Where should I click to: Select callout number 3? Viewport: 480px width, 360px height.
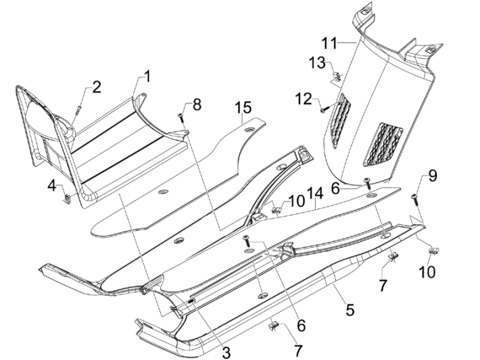coord(226,351)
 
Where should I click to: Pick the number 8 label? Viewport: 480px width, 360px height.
coord(196,104)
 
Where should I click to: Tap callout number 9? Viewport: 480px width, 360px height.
coord(431,177)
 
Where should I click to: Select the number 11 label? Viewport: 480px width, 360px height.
coord(329,44)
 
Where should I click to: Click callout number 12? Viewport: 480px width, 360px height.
coord(303,99)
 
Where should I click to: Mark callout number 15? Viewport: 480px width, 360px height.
coord(243,107)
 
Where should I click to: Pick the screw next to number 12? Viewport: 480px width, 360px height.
coord(323,106)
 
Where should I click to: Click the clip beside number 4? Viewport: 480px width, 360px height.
coord(67,198)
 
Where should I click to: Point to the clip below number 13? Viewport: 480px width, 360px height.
coord(336,76)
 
